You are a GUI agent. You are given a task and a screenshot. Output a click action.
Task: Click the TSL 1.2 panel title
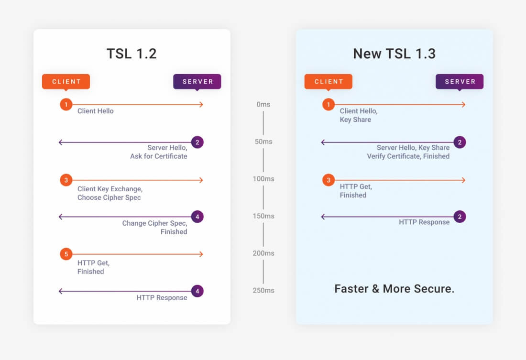coord(131,53)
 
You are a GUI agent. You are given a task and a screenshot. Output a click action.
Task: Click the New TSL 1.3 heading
coord(394,53)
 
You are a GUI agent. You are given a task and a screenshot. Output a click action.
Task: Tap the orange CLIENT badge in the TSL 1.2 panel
coord(66,81)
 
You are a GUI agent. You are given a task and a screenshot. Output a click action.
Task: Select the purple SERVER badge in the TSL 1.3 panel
coord(460,81)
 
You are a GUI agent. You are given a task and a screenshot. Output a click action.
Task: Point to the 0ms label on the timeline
coord(263,104)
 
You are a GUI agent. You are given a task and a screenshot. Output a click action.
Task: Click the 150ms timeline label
coord(263,216)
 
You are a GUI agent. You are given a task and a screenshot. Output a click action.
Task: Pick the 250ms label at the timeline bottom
coord(263,290)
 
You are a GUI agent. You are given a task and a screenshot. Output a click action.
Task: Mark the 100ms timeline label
coord(263,179)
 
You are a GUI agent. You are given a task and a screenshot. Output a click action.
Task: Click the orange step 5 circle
coord(66,254)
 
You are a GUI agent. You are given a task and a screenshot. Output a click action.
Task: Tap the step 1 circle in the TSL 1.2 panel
coord(66,104)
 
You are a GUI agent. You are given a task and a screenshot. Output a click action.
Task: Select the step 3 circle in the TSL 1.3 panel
coord(329,180)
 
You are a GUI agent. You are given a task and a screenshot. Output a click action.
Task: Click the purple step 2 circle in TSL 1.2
coord(197,142)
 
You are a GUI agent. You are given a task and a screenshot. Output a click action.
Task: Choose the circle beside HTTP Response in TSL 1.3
coord(460,217)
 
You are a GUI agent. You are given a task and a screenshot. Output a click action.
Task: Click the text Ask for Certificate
coord(158,156)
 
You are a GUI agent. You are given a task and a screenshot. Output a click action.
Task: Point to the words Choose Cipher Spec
coord(109,197)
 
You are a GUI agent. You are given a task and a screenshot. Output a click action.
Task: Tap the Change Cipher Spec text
coord(154,223)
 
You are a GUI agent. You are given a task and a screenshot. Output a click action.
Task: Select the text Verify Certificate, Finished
coord(408,156)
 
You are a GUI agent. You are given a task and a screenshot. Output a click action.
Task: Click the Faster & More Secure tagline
coord(394,289)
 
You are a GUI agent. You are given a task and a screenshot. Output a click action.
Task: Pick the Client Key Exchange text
coord(110,189)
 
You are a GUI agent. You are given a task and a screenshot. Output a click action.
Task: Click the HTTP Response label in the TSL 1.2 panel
coord(162,297)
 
